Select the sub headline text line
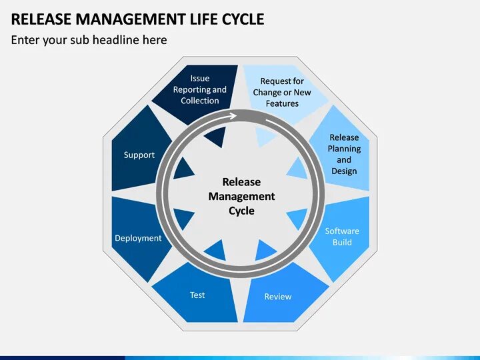89,40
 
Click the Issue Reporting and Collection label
200,89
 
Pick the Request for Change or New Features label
282,92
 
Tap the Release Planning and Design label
344,154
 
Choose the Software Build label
342,237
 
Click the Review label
278,296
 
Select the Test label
197,295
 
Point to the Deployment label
138,238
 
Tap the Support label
139,155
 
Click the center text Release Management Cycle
241,196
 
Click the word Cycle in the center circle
241,211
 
